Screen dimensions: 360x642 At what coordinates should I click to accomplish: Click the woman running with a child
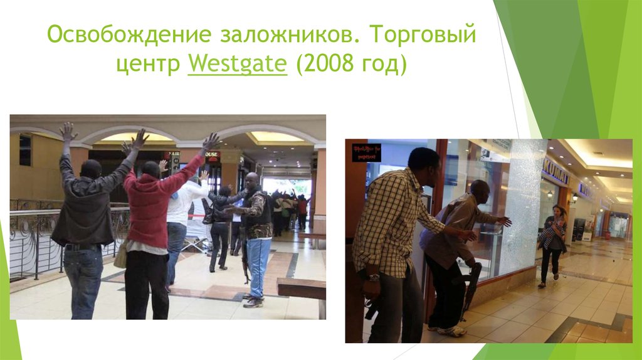pos(552,241)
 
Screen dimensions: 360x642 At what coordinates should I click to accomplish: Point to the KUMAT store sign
pos(555,171)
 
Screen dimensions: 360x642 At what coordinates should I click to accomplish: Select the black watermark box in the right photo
pos(367,152)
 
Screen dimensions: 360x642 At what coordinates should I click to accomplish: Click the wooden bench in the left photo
pos(302,290)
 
